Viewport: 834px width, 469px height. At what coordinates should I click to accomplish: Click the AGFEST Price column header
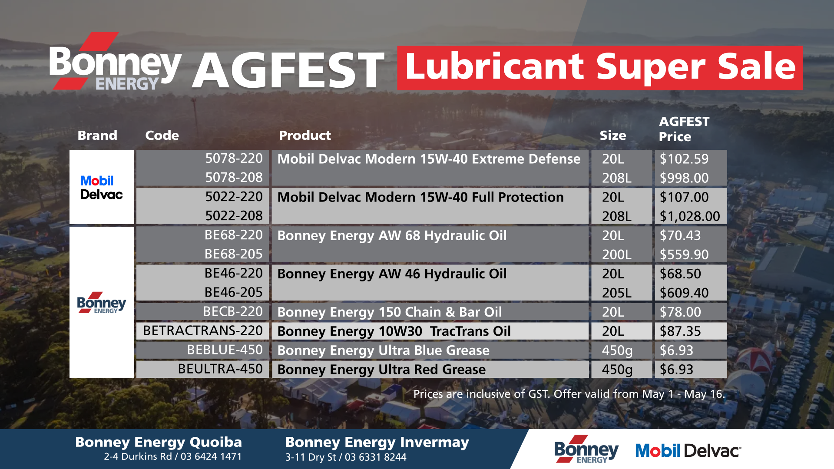[684, 129]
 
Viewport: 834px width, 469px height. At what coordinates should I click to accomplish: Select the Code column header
[162, 135]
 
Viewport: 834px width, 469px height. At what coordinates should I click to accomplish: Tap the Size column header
[613, 135]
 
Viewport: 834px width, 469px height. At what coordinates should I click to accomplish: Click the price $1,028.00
[690, 216]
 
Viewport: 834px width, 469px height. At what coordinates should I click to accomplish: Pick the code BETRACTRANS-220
[203, 330]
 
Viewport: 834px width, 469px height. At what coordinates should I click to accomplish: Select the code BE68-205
[234, 254]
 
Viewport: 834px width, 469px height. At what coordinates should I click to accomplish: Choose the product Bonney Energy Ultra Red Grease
[381, 369]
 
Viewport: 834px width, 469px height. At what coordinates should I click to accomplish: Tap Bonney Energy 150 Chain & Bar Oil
[390, 312]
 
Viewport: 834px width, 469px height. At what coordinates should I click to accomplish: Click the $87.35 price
[680, 331]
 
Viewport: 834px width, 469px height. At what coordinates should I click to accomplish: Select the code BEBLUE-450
[225, 350]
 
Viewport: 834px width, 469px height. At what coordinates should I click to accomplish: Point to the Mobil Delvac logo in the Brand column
[102, 188]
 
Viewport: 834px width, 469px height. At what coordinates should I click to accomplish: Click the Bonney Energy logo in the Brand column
[102, 303]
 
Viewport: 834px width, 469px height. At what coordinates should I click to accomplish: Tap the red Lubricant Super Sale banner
[600, 68]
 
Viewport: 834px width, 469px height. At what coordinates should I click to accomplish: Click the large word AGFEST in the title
[288, 70]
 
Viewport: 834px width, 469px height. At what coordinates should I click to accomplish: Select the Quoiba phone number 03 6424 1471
[211, 456]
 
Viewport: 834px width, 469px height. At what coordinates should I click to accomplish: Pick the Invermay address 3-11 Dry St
[310, 457]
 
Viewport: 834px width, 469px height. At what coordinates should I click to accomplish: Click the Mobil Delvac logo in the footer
[688, 451]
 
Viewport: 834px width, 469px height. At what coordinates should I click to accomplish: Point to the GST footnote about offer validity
[569, 394]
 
